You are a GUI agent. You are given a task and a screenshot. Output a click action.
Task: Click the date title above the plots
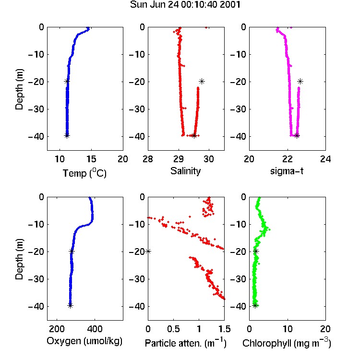(x=185, y=5)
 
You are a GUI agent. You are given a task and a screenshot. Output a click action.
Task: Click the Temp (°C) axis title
(x=84, y=173)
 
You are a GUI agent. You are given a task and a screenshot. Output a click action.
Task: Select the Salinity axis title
(x=185, y=171)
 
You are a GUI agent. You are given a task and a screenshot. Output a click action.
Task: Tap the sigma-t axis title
(x=287, y=171)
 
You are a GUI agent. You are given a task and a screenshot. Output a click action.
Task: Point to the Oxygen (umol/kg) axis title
(x=84, y=341)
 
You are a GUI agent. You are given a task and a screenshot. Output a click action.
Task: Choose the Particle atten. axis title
(x=185, y=343)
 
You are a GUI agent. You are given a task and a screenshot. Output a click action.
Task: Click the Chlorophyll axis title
(x=287, y=343)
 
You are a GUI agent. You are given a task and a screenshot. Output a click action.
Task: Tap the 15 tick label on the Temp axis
(x=91, y=159)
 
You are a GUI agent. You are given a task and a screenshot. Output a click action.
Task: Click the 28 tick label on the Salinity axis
(x=148, y=159)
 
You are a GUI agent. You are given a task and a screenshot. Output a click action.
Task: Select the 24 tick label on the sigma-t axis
(x=325, y=159)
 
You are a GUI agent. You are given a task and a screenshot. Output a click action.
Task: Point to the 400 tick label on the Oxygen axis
(x=95, y=329)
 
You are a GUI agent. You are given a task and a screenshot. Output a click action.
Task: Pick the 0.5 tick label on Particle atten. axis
(x=173, y=329)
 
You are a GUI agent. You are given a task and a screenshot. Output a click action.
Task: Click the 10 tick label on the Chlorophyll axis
(x=288, y=329)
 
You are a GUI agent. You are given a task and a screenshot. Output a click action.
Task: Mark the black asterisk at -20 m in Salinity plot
(x=202, y=81)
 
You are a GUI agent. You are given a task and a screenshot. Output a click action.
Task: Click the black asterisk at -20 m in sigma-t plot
(x=300, y=81)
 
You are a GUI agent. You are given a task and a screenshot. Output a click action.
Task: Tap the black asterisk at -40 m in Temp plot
(x=67, y=136)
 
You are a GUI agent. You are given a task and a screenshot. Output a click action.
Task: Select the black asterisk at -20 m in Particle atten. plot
(x=148, y=252)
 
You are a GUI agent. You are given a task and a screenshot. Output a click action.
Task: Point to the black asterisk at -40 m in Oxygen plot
(x=70, y=306)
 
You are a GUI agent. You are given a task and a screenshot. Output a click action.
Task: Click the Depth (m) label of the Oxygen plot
(x=19, y=259)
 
